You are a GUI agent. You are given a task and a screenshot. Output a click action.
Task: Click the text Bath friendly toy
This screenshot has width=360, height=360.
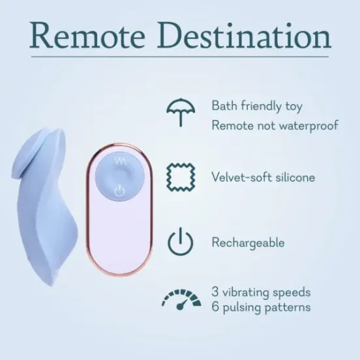[x=256, y=106]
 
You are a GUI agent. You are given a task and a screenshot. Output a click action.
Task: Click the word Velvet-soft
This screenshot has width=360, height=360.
[x=238, y=177]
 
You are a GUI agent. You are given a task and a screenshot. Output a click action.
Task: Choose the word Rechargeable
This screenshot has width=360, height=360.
[x=248, y=243]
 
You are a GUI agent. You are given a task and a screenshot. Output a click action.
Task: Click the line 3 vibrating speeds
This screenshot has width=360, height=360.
[x=261, y=292]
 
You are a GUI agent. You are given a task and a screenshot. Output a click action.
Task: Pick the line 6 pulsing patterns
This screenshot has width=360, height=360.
[x=261, y=307]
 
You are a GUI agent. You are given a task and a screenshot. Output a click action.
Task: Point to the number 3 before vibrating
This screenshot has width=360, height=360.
[x=215, y=292]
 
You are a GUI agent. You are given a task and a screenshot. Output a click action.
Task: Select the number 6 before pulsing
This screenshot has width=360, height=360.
[x=215, y=307]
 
